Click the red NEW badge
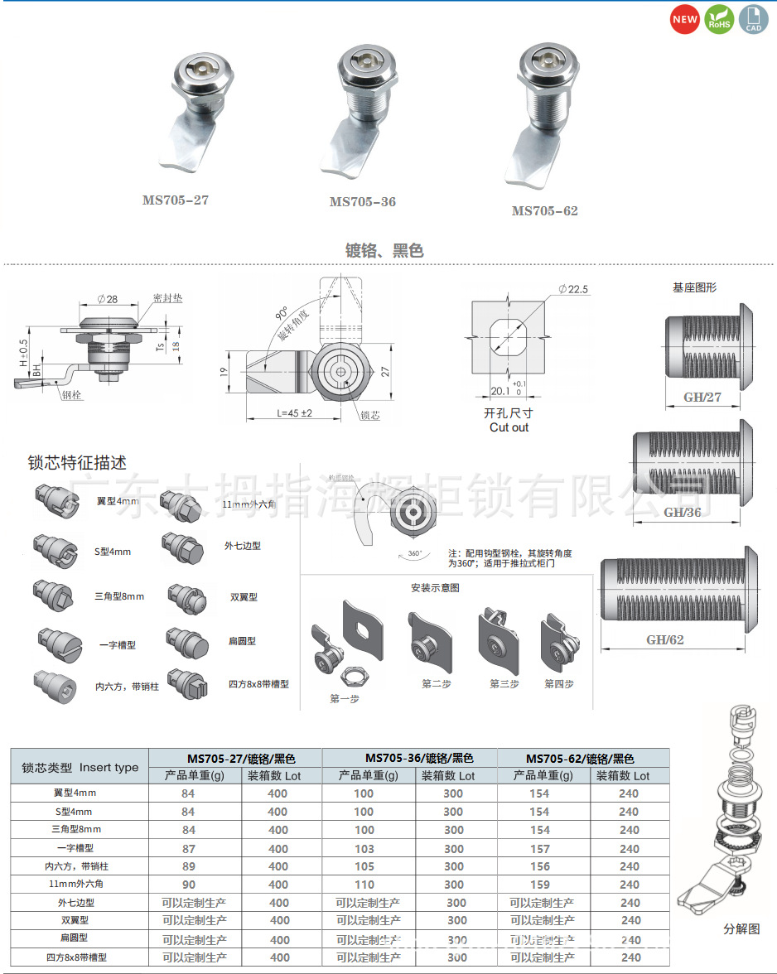point(685,20)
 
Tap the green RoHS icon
point(718,20)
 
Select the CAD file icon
point(753,20)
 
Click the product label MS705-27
point(176,200)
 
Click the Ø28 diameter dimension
point(107,299)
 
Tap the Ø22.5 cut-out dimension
point(572,289)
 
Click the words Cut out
point(509,427)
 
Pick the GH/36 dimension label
point(682,513)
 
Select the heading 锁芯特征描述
point(77,462)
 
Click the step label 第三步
point(504,683)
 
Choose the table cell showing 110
point(364,885)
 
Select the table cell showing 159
point(539,885)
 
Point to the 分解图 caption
point(741,928)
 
